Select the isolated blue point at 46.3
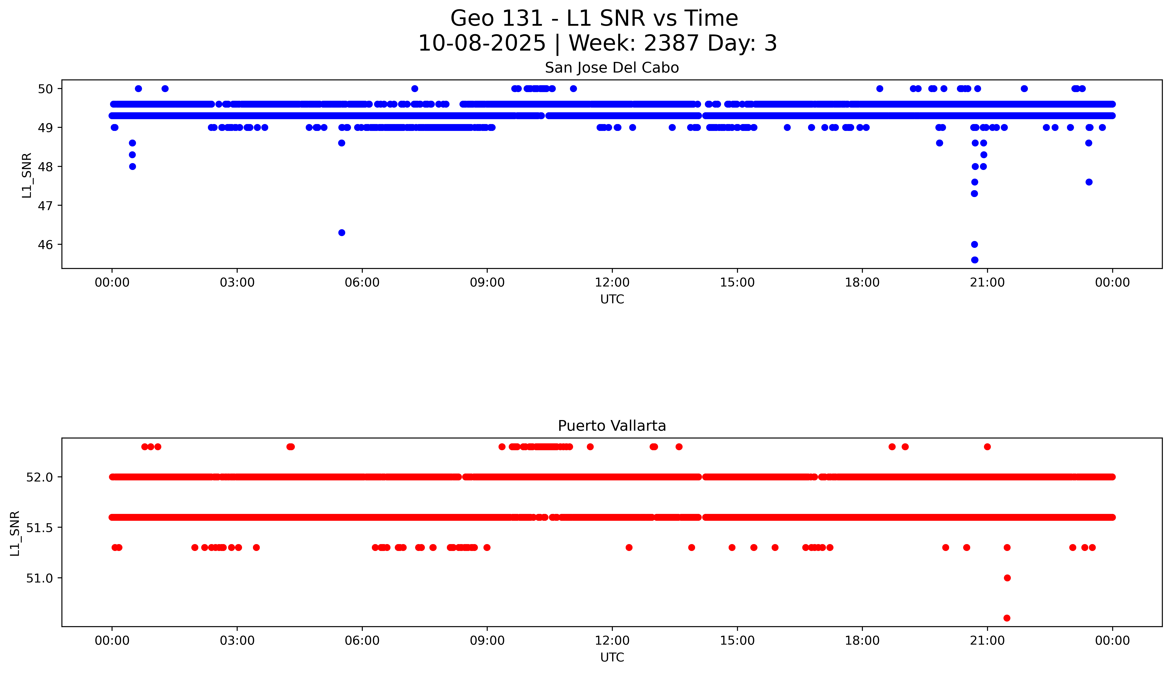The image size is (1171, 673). tap(341, 233)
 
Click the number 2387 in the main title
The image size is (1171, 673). tap(671, 43)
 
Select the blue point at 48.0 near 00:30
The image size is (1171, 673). tap(132, 166)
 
